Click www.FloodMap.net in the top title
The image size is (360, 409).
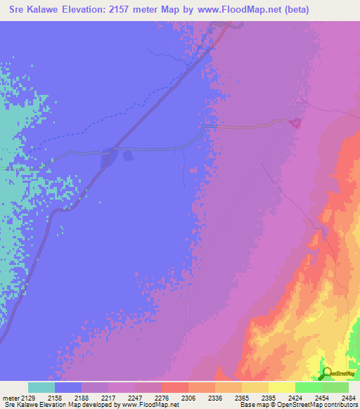click(x=240, y=10)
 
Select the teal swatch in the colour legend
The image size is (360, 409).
click(x=41, y=387)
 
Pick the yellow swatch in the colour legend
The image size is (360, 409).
click(x=281, y=387)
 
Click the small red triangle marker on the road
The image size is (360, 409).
click(x=295, y=123)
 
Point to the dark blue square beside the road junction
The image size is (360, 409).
click(x=127, y=155)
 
